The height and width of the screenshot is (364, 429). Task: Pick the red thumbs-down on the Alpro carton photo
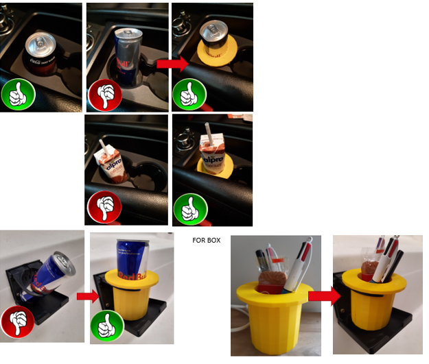click(x=104, y=206)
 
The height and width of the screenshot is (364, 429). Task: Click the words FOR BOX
click(x=209, y=241)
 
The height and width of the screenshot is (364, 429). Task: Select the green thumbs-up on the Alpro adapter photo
click(x=189, y=206)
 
